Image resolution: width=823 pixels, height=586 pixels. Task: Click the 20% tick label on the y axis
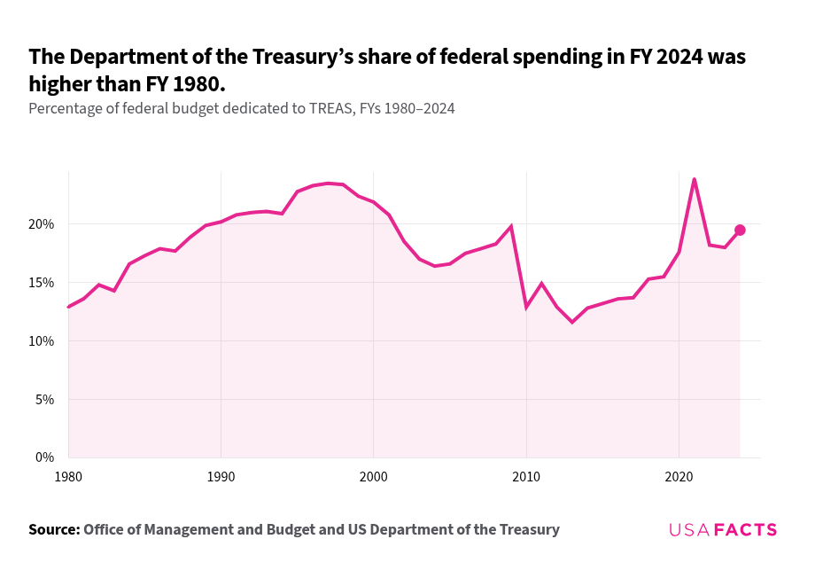click(x=42, y=224)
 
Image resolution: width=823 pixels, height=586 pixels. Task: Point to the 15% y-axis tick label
click(x=42, y=283)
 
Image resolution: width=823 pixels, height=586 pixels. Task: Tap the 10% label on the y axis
click(x=42, y=341)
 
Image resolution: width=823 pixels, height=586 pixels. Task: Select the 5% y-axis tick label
click(x=45, y=400)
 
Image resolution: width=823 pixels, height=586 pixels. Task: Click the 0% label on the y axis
click(x=45, y=457)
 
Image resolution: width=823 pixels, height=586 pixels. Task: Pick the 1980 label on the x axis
click(x=68, y=476)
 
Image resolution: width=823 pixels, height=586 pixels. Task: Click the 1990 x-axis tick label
click(x=221, y=476)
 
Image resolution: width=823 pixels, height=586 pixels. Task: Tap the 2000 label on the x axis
click(x=373, y=476)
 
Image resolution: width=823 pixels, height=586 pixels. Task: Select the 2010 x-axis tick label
click(x=526, y=476)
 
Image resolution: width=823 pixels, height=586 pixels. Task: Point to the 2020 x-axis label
click(x=679, y=476)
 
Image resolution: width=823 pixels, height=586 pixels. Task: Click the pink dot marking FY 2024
click(x=740, y=230)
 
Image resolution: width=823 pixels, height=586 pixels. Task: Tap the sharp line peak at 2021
click(x=694, y=180)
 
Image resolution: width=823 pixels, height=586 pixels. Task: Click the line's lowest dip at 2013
click(x=572, y=322)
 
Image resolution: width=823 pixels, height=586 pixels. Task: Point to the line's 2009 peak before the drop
click(x=511, y=226)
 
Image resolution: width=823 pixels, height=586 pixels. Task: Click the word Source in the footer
click(x=52, y=529)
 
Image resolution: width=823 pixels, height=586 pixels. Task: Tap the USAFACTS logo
click(x=723, y=530)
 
